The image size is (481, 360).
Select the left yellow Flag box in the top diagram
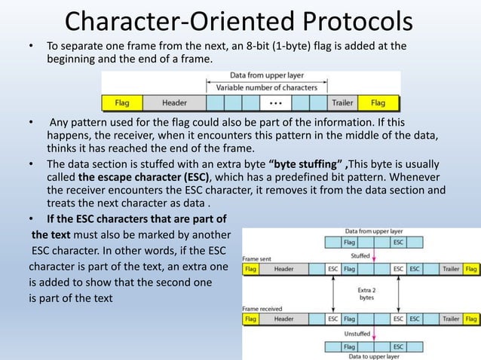click(x=121, y=102)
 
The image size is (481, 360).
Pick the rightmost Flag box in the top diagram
click(x=378, y=102)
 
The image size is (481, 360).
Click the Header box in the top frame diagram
click(x=174, y=102)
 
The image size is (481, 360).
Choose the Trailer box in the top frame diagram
click(x=342, y=102)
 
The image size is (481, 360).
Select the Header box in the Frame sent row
click(x=284, y=267)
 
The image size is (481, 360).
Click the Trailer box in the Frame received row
click(x=451, y=319)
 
